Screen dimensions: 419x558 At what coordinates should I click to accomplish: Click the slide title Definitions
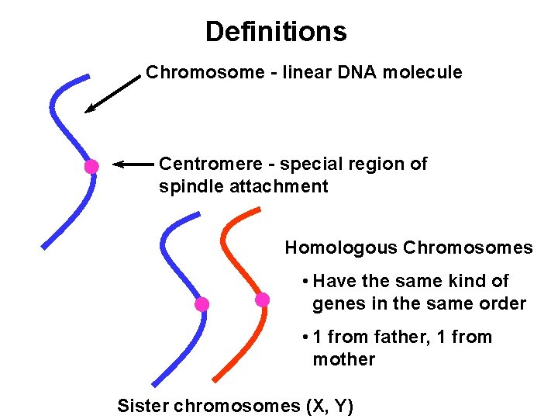(x=276, y=32)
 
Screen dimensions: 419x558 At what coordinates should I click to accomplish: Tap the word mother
(x=343, y=360)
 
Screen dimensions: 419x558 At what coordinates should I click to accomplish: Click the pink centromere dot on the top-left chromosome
(x=91, y=166)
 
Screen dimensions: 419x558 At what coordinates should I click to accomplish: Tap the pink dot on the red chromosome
(x=263, y=300)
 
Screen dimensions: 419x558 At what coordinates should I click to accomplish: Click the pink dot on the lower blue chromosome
(x=201, y=304)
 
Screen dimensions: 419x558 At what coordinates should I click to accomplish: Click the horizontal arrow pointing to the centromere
(x=133, y=164)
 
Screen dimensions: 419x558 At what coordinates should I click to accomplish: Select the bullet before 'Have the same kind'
(x=307, y=282)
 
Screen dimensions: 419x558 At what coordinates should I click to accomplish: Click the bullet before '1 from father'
(x=307, y=338)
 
